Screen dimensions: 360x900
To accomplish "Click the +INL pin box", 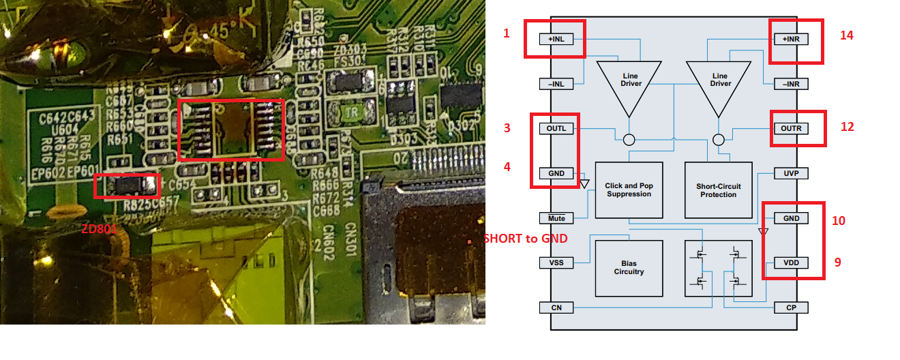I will (556, 40).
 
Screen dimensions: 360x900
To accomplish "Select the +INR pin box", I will (791, 40).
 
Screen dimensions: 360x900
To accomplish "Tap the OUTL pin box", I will (556, 129).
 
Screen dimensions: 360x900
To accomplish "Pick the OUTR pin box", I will (791, 129).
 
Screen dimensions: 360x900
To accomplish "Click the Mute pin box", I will (556, 218).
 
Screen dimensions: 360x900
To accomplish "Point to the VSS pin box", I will (556, 263).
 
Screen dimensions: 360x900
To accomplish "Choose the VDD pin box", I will (791, 263).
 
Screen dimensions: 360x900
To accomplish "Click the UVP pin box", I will (791, 174).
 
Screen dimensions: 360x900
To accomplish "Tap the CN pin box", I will (556, 307).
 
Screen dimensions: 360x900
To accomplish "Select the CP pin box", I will (791, 307).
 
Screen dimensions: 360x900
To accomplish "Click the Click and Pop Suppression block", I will (629, 190).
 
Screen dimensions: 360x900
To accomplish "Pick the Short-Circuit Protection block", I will (718, 190).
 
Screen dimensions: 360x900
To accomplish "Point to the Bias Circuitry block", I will (629, 268).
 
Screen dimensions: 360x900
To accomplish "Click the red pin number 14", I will (846, 35).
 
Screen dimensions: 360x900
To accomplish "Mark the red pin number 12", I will (847, 127).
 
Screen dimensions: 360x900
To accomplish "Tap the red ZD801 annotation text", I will (99, 230).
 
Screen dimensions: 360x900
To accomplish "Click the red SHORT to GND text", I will (525, 238).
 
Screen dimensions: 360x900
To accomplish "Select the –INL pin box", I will (556, 84).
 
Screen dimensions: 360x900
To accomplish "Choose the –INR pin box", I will (791, 84).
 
